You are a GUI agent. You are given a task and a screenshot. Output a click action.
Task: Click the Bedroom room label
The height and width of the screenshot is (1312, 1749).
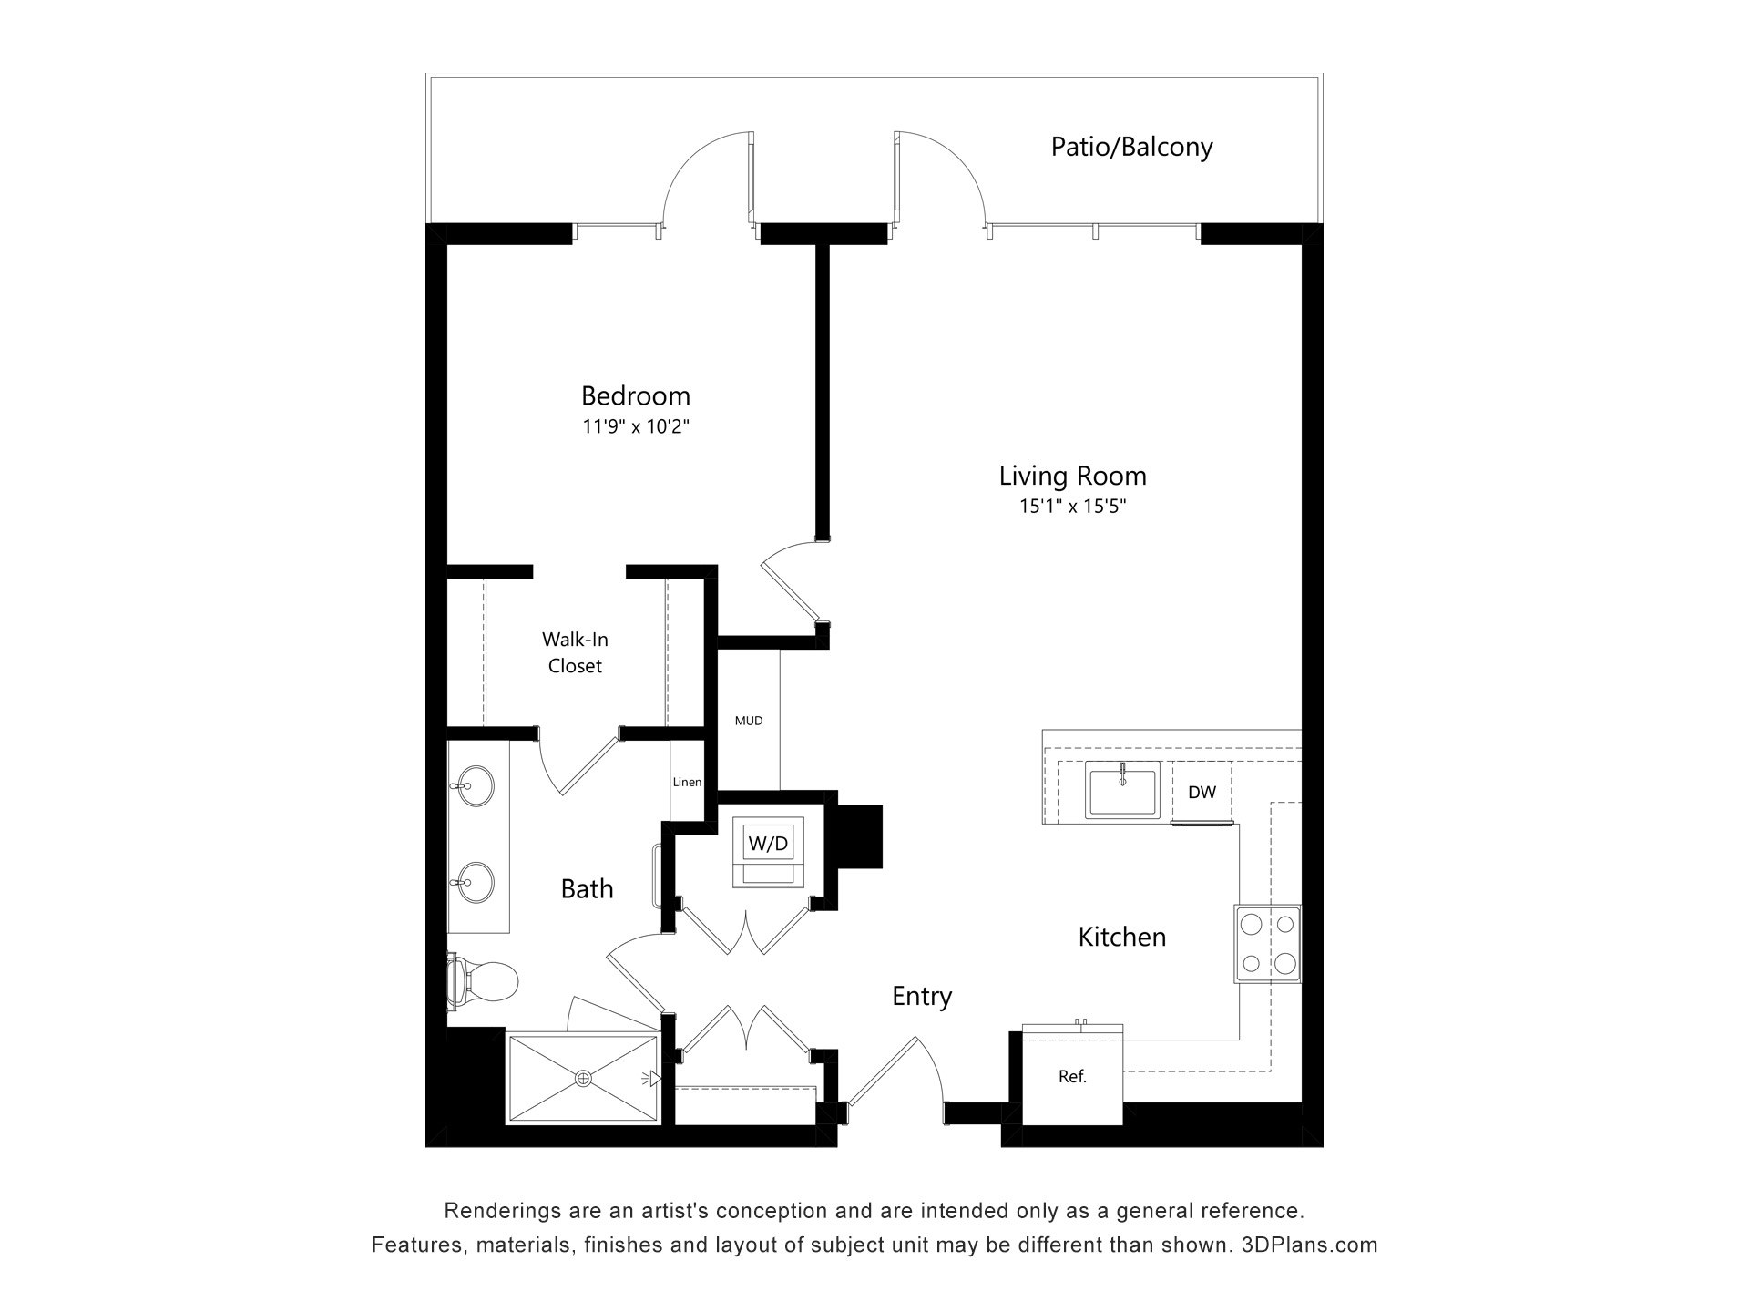coord(636,395)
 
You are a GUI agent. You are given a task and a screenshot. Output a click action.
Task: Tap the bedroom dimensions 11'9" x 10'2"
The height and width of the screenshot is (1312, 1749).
coord(636,426)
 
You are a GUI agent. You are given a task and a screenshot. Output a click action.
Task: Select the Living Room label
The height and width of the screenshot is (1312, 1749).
coord(1072,476)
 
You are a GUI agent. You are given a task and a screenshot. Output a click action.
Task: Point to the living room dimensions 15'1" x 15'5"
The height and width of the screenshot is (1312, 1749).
coord(1072,507)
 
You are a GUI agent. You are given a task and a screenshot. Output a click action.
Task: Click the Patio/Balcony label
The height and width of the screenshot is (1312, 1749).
coord(1131,147)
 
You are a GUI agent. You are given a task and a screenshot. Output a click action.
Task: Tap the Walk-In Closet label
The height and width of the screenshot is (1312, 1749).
coord(575,652)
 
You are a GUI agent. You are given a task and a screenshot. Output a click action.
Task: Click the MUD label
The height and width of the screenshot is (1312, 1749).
coord(749,721)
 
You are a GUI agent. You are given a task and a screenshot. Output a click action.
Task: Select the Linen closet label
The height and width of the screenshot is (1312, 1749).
coord(687,782)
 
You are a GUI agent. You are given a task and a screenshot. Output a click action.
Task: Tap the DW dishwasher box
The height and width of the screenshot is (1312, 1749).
coord(1202,792)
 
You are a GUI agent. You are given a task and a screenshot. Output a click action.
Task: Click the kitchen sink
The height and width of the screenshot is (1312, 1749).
coord(1122,791)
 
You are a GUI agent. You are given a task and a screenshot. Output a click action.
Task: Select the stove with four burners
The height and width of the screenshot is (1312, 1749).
coord(1267,943)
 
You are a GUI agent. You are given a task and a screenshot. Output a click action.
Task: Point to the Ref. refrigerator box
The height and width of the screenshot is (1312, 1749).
coord(1072,1076)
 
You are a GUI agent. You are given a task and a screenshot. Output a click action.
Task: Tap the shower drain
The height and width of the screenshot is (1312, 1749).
coord(583,1079)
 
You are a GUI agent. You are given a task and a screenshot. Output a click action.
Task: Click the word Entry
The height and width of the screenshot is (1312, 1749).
coord(922,997)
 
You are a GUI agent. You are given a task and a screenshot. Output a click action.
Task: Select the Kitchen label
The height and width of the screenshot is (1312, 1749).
coord(1122,937)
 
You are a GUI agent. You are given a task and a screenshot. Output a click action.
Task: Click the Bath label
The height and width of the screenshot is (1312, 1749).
coord(587,888)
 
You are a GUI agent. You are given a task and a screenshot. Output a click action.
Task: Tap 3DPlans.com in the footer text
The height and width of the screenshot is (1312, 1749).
coord(1310,1245)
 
